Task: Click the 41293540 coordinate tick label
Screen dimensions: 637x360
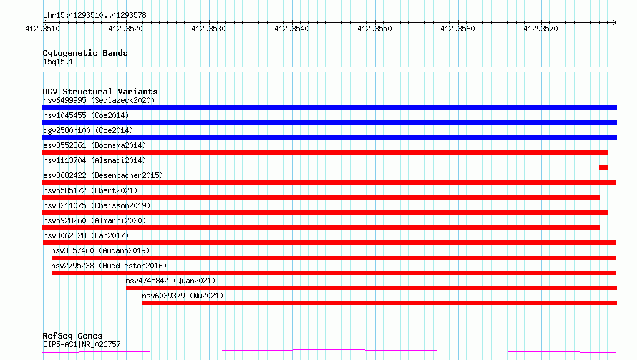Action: pos(292,29)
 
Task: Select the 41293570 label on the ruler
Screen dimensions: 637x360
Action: pos(540,29)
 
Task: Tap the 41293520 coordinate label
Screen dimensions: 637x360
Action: pos(125,29)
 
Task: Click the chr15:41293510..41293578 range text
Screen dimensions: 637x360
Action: pos(94,15)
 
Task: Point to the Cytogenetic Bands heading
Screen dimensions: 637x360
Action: pos(85,53)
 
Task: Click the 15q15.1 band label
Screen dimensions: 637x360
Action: pos(58,62)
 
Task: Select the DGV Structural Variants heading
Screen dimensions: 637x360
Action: pos(100,92)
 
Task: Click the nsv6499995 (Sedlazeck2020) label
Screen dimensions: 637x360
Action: pos(99,100)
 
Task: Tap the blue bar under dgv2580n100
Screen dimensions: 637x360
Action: pos(329,137)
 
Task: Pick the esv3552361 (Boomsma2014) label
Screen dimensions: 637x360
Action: pos(94,145)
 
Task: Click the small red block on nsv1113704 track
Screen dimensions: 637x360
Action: pos(603,167)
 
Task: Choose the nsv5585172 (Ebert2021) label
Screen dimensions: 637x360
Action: pos(90,190)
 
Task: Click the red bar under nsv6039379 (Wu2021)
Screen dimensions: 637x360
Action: pos(379,303)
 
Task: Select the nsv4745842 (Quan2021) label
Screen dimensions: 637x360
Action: pos(170,281)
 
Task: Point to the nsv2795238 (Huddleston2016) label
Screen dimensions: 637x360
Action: pos(109,266)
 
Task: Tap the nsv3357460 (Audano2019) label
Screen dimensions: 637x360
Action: pos(100,250)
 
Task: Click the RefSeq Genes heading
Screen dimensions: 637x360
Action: pos(73,336)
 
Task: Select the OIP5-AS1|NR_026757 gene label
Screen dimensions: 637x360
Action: pos(82,344)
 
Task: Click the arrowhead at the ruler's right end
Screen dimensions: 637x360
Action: pos(615,22)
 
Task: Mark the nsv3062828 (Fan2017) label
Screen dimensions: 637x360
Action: pos(86,235)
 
